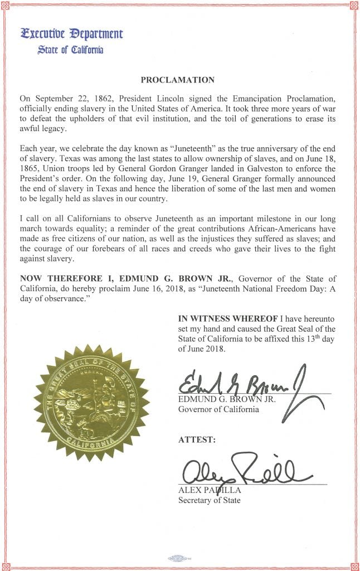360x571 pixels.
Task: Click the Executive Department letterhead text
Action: (71, 33)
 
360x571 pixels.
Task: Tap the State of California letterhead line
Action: (70, 50)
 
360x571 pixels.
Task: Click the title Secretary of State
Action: (209, 500)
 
